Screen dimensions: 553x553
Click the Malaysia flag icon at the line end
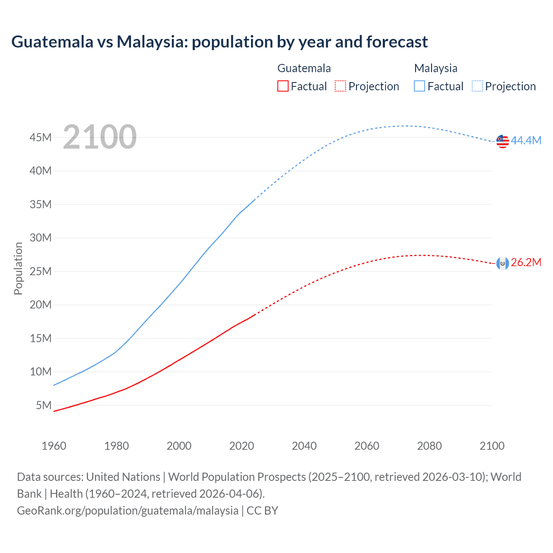(502, 141)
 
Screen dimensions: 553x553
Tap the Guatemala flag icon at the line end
(502, 263)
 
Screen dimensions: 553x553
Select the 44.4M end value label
(526, 140)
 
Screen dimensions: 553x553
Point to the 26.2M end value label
(526, 263)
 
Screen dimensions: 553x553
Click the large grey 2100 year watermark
(100, 137)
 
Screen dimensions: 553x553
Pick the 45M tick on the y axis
(41, 137)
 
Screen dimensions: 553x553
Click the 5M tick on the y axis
(44, 405)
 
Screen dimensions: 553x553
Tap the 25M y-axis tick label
(41, 271)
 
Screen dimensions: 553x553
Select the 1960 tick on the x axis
(54, 446)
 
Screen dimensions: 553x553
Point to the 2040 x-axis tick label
(304, 446)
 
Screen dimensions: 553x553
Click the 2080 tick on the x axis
(429, 446)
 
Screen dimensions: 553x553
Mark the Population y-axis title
(18, 268)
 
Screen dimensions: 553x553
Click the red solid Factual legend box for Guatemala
(283, 86)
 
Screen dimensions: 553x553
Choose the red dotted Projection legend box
(340, 86)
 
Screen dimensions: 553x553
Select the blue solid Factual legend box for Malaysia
(420, 86)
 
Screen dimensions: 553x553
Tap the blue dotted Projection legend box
(477, 86)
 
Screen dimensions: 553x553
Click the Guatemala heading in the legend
(304, 68)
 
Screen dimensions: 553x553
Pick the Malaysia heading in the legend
(435, 68)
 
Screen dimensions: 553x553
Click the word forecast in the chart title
(397, 42)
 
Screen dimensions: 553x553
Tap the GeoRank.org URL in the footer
(127, 511)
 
